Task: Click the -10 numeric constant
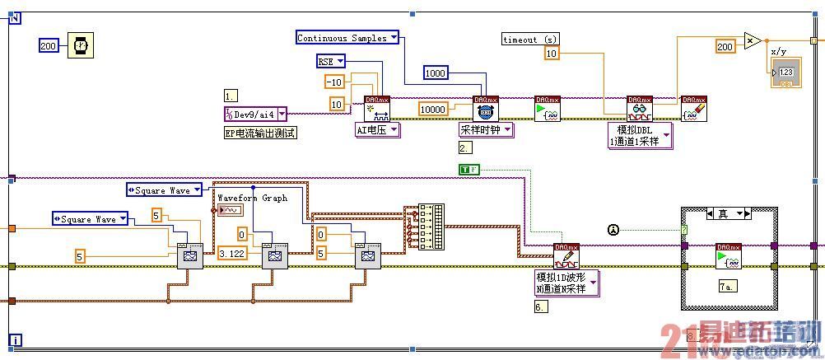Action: (333, 82)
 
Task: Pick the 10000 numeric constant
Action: (433, 109)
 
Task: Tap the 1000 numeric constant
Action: (436, 73)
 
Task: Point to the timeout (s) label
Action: (529, 39)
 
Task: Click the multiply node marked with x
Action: (751, 40)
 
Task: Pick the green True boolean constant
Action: (468, 170)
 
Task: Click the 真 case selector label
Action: (723, 213)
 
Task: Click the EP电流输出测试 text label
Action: (259, 133)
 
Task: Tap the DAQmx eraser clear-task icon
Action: (693, 109)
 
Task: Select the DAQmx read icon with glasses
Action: (639, 109)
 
